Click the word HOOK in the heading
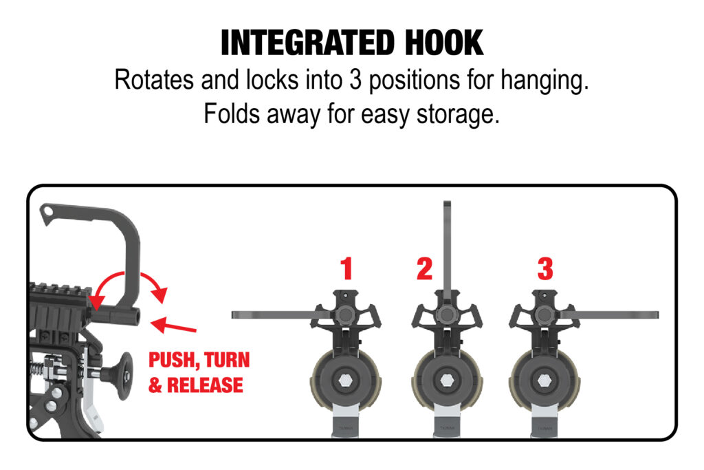[445, 43]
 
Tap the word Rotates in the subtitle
[154, 80]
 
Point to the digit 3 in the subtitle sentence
[355, 80]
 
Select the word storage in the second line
[458, 114]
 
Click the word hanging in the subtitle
[544, 81]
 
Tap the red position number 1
[346, 268]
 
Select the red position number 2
[424, 268]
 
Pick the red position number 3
[545, 268]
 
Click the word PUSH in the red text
[174, 361]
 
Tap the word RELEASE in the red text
[205, 385]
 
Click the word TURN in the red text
[227, 360]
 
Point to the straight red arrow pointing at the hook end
[173, 325]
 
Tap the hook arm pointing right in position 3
[610, 315]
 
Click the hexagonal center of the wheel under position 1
[345, 381]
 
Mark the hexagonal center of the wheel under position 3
[544, 381]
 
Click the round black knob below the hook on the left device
[122, 376]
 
